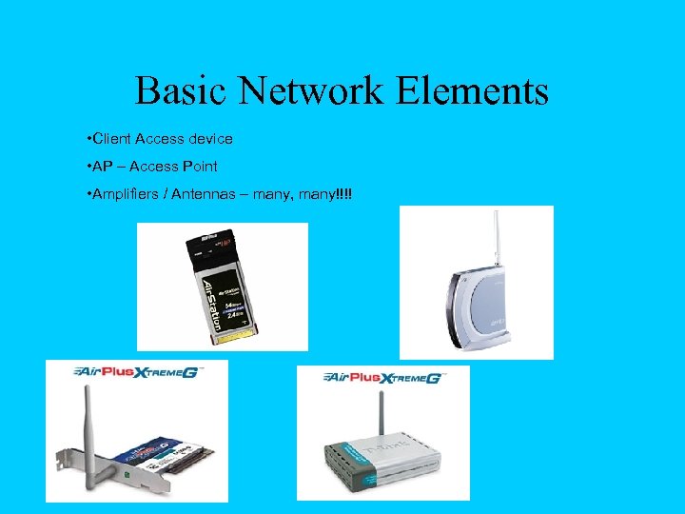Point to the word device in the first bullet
(x=210, y=139)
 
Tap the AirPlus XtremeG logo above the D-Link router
(x=383, y=377)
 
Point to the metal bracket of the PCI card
(x=81, y=476)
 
